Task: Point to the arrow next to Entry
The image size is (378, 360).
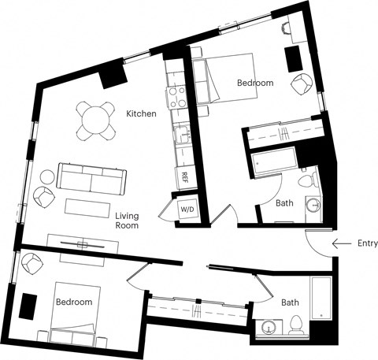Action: pos(340,244)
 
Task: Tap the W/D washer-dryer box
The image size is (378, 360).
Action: pos(187,210)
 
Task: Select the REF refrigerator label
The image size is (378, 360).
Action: pos(184,176)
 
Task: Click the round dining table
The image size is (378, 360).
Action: pos(96,121)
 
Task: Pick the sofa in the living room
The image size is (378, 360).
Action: pos(91,180)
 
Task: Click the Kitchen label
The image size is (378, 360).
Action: pos(141,114)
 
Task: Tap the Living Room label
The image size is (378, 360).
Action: pos(127,221)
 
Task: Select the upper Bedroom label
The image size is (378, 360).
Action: pos(254,83)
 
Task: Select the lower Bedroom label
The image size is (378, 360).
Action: pos(73,302)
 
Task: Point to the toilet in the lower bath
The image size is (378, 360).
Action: pos(298,324)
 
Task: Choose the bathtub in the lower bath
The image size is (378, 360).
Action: pos(321,299)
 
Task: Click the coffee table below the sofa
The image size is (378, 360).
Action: pos(88,207)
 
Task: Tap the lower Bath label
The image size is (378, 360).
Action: pos(290,302)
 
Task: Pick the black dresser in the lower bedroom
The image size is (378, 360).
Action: pos(29,306)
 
